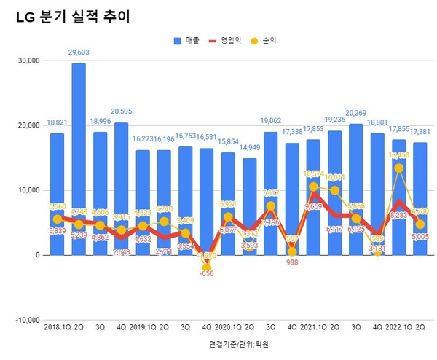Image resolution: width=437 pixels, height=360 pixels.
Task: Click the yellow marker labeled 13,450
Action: coord(398,168)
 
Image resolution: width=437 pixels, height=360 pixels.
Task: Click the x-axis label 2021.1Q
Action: coord(311,327)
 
